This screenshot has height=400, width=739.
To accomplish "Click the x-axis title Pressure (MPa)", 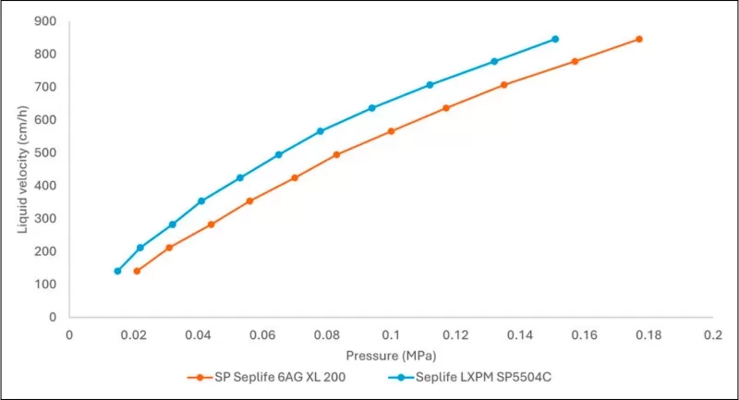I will pos(391,355).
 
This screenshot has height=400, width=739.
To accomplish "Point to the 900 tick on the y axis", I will pos(45,20).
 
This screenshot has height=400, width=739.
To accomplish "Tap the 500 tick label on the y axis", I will pos(45,152).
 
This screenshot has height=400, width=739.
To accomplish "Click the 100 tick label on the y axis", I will pos(45,285).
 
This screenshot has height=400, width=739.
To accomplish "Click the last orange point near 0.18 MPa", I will pos(638,39).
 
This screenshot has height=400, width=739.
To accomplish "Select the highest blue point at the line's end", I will pos(555,39).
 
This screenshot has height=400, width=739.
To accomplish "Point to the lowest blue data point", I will pos(117,271).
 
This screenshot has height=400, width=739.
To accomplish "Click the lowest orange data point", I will pos(137,271).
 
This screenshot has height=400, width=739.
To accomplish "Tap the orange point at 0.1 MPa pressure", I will pos(391,131).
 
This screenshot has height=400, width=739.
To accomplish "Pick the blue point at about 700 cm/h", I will pos(430,85).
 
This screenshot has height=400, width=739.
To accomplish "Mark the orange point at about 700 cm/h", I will pos(503,85).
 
